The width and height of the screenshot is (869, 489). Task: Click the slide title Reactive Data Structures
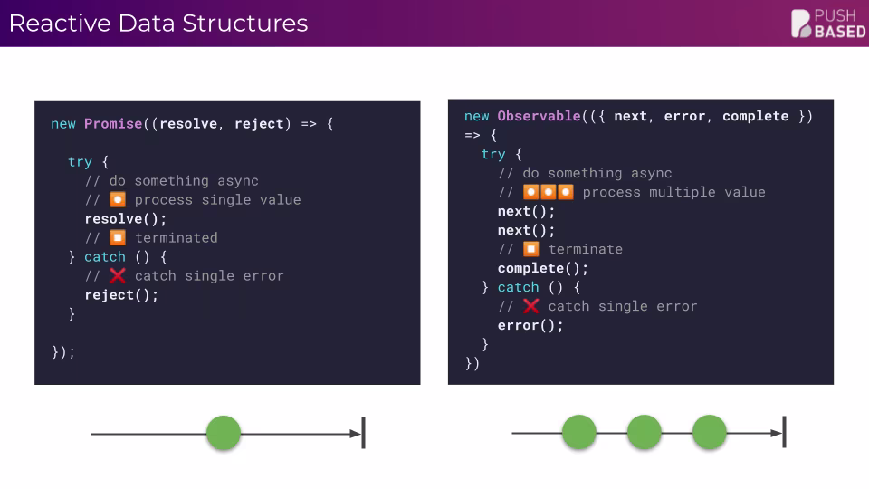pos(158,24)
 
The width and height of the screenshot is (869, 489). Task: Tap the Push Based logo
pos(827,24)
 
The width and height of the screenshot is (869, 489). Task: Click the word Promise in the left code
pos(113,123)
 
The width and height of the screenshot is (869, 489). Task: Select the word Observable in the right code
pos(539,116)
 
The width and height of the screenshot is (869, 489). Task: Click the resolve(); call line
pos(126,218)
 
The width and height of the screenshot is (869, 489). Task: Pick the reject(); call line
pos(121,294)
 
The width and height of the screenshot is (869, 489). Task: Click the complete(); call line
pos(543,268)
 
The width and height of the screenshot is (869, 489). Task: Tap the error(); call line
pos(530,325)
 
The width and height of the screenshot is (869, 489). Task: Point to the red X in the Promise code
pos(118,275)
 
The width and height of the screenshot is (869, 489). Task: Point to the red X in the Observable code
pos(531,306)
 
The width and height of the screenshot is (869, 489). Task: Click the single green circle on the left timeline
pos(223,433)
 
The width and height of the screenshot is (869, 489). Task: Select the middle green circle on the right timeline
pos(645,433)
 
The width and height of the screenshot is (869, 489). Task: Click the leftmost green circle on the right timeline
pos(579,433)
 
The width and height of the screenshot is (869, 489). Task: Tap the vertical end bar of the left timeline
pos(363,433)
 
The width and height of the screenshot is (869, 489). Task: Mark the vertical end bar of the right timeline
pos(784,433)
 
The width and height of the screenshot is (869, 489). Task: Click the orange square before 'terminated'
pos(118,237)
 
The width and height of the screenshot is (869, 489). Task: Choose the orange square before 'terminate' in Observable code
pos(531,249)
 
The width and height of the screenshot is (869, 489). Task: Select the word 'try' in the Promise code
pos(80,161)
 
